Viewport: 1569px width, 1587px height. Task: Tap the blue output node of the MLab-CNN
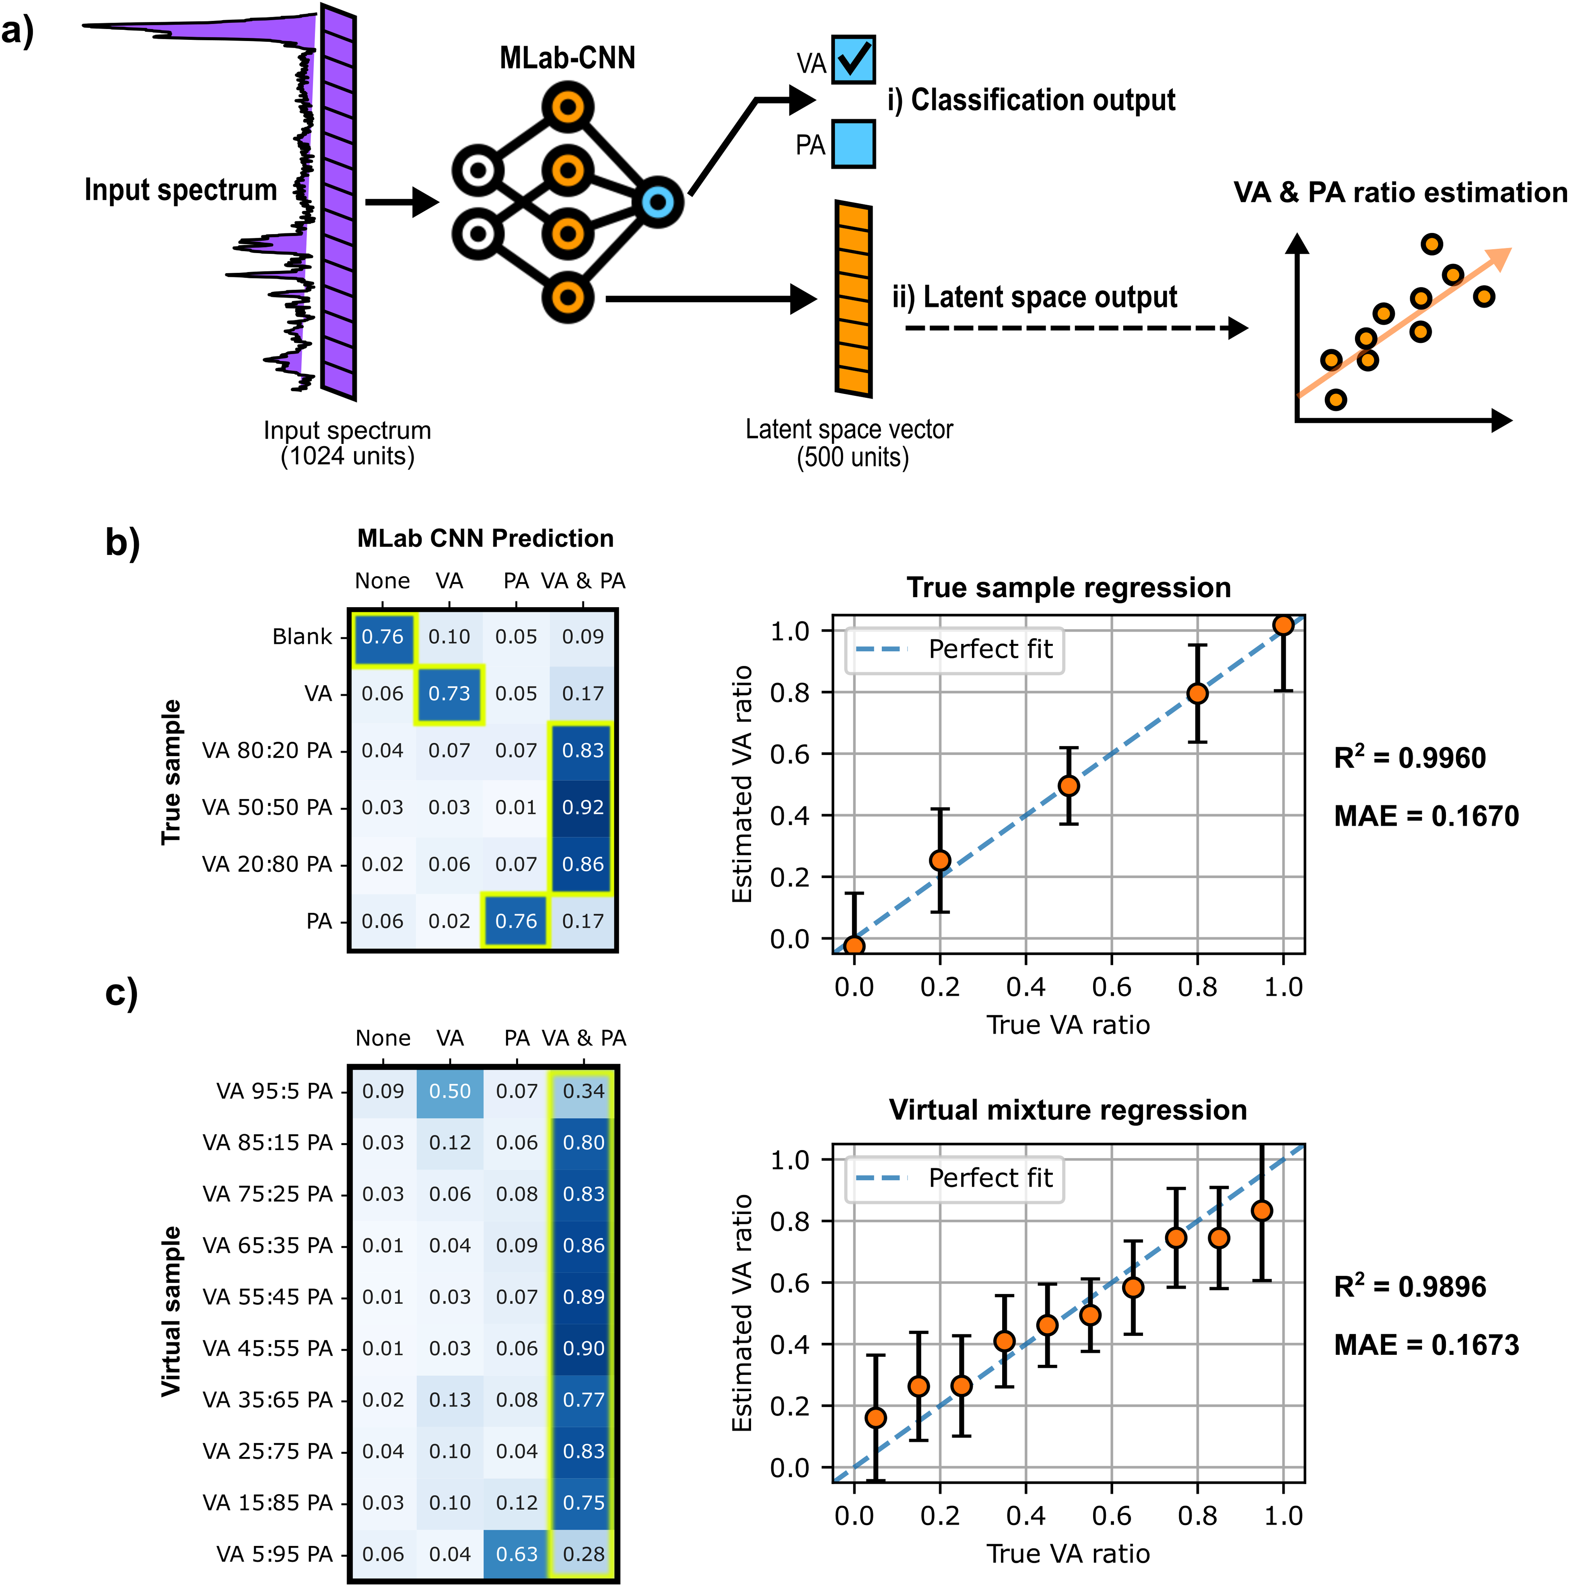tap(658, 201)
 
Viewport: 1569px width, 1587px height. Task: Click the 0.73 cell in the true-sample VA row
tap(449, 693)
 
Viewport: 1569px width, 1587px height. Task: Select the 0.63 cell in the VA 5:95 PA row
tap(517, 1554)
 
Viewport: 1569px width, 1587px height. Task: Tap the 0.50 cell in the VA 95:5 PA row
tap(450, 1091)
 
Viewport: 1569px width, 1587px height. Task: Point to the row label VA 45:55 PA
tap(268, 1348)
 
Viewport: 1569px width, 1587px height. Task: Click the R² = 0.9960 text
tap(1410, 756)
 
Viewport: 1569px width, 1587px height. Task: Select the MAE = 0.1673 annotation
tap(1426, 1345)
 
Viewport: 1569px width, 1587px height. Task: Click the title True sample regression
tap(1069, 587)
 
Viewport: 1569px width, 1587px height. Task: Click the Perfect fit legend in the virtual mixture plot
tap(955, 1178)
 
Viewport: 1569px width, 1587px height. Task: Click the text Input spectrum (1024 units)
tap(348, 443)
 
